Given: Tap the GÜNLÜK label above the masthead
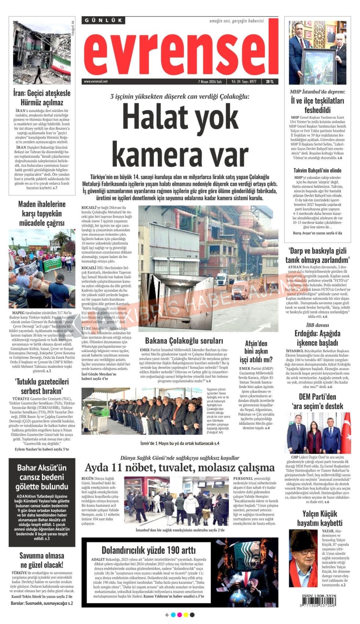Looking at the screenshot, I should [103, 21].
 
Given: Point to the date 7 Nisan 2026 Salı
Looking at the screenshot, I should [210, 81].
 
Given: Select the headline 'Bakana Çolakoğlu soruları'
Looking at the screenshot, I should [184, 340].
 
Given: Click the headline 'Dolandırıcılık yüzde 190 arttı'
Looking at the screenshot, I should [148, 550].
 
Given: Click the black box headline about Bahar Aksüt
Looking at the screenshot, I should [43, 477].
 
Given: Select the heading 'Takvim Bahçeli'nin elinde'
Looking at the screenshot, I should [317, 170].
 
